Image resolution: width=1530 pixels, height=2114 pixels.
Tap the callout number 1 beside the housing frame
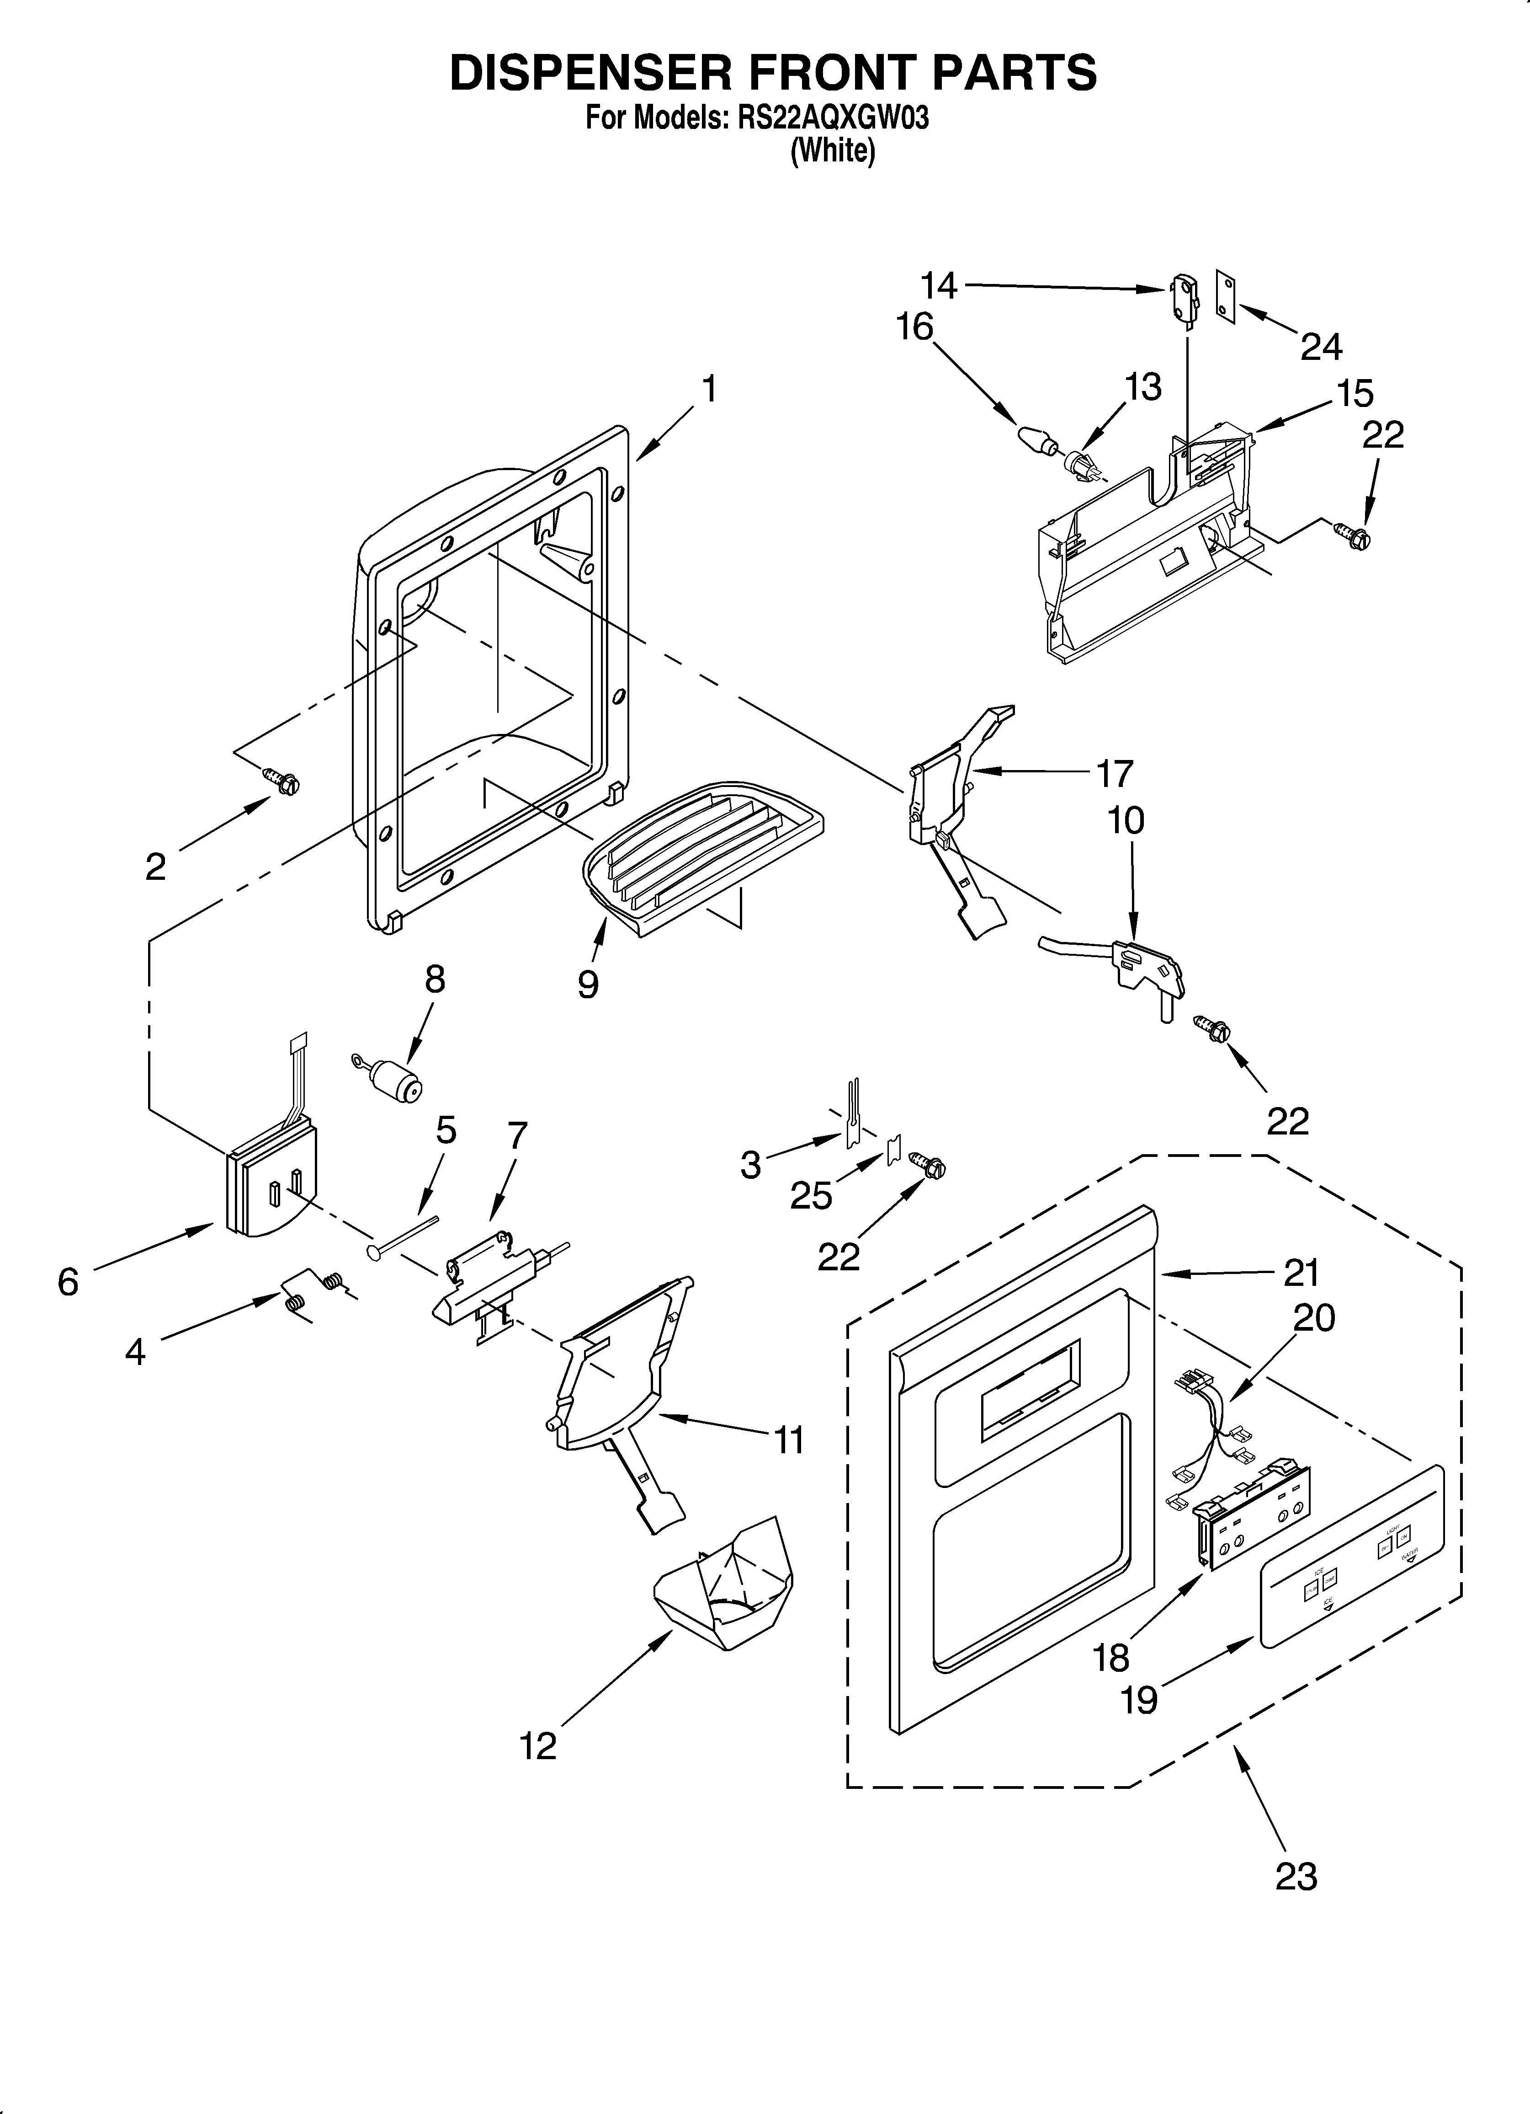[710, 389]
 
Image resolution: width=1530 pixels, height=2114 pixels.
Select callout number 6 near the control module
[68, 1283]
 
